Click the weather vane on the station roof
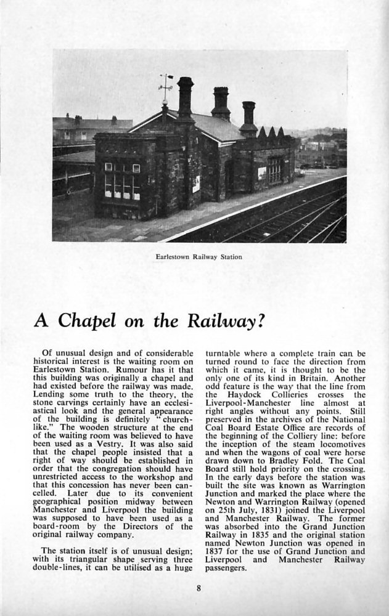[165, 86]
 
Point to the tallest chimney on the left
[185, 99]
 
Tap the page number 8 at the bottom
[198, 588]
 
